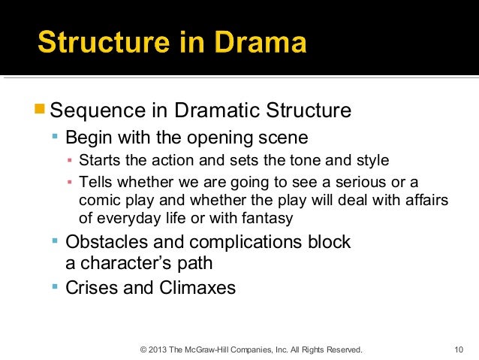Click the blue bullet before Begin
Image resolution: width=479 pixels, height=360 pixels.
55,138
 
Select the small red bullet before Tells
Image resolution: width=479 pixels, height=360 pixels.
69,183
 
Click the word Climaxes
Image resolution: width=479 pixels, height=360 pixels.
197,287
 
